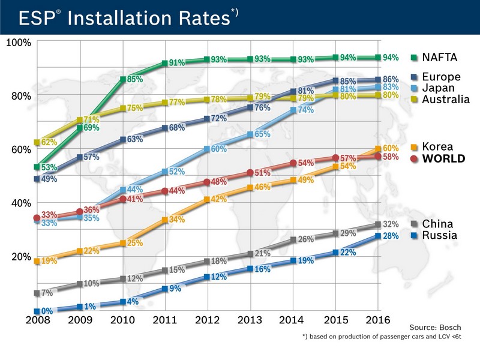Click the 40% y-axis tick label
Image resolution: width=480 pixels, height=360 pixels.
pos(21,203)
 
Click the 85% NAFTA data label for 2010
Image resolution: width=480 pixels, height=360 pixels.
pos(135,79)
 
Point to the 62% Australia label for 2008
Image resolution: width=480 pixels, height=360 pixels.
pos(50,143)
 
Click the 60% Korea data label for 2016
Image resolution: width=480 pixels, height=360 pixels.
pos(391,148)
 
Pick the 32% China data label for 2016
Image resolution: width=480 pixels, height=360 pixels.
pos(391,224)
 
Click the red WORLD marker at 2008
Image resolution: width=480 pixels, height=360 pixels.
pos(37,218)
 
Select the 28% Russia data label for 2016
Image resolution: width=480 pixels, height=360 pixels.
pos(391,236)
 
